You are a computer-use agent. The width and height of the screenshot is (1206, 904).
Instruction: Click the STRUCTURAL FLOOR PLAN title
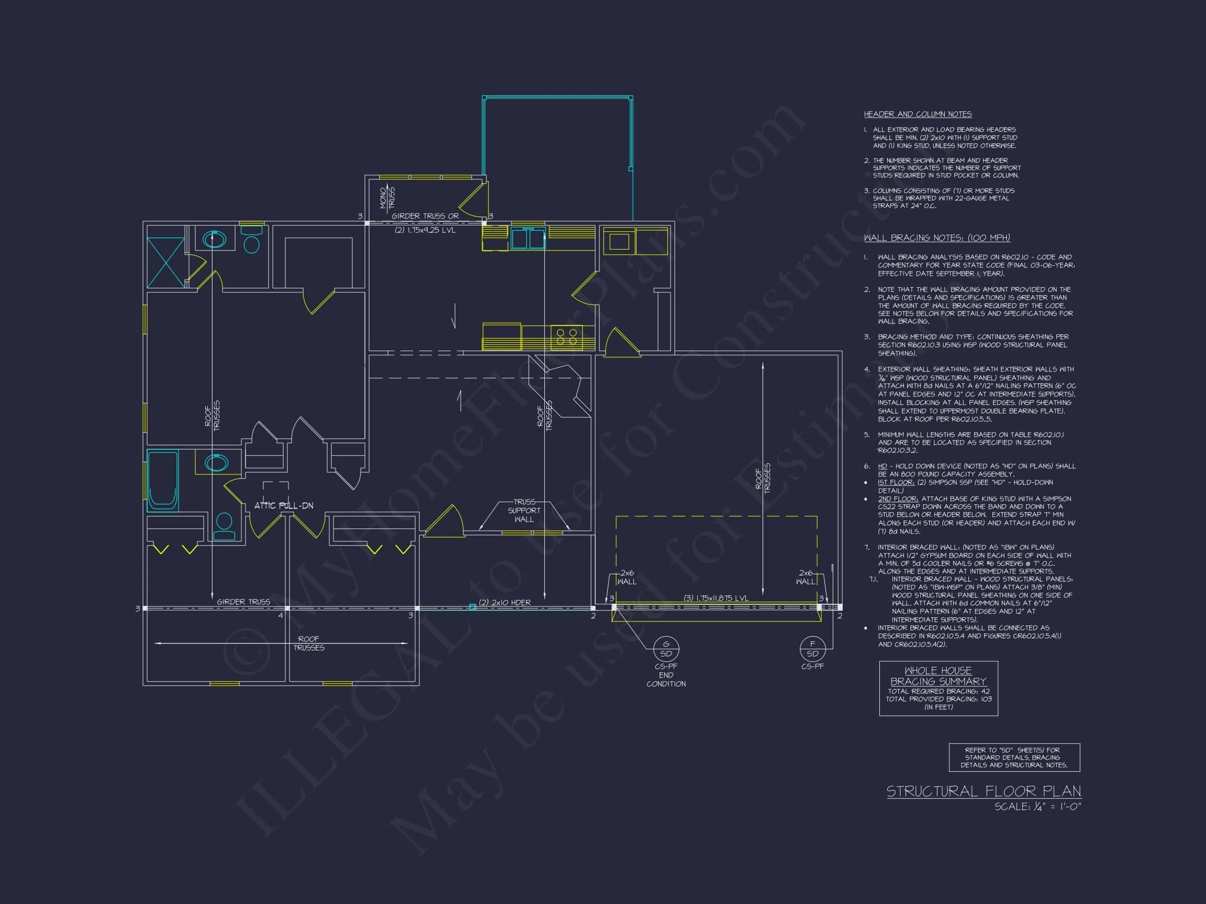[x=983, y=791]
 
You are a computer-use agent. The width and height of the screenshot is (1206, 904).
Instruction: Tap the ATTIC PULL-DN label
[x=284, y=506]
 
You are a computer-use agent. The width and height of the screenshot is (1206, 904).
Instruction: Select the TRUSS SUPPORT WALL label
[x=524, y=511]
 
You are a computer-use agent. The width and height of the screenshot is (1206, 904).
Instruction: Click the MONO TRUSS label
[x=387, y=197]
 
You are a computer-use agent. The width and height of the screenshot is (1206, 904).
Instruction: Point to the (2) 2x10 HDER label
[x=504, y=602]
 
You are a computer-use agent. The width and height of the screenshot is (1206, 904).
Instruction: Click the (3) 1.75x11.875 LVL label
[x=716, y=598]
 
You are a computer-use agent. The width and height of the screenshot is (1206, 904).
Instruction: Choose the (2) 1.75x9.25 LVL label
[x=425, y=230]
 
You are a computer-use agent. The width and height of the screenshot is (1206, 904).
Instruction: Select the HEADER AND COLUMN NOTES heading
[x=918, y=114]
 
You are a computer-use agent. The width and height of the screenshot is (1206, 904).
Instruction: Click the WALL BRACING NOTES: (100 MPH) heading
[x=936, y=238]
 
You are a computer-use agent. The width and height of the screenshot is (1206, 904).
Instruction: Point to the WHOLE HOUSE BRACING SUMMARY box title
[x=938, y=676]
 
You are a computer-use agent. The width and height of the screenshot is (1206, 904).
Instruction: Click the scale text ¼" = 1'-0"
[x=1037, y=807]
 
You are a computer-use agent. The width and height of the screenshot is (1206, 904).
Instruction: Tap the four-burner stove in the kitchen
[x=566, y=336]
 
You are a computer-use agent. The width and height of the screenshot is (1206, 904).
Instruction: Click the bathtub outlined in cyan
[x=163, y=480]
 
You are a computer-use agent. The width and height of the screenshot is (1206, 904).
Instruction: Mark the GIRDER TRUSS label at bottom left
[x=243, y=602]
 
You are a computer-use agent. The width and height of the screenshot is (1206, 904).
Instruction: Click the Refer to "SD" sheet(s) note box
[x=1014, y=758]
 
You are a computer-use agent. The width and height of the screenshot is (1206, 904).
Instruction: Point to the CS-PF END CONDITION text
[x=666, y=675]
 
